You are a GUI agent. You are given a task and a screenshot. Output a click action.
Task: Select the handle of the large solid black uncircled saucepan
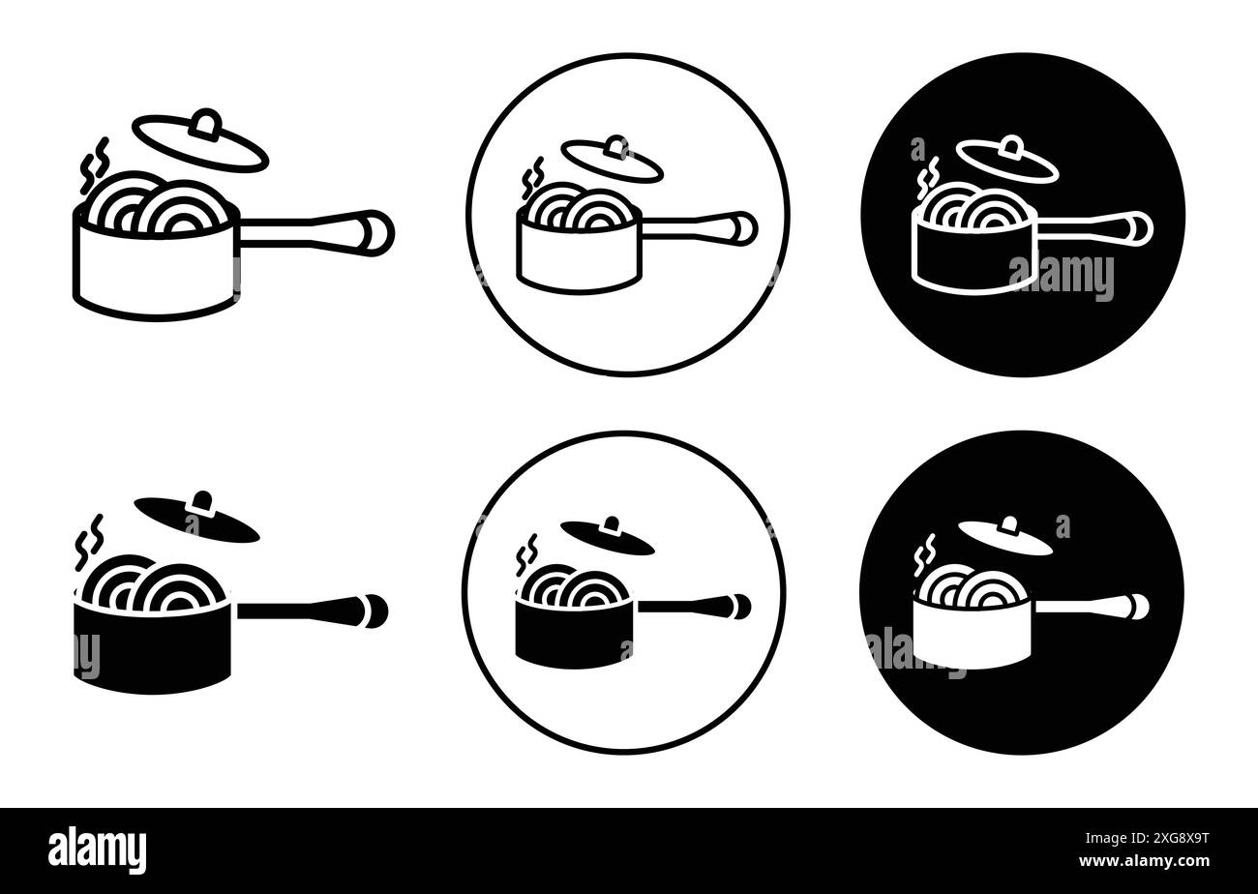pyautogui.click(x=310, y=610)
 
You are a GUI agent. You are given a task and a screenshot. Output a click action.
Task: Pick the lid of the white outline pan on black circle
pyautogui.click(x=1006, y=161)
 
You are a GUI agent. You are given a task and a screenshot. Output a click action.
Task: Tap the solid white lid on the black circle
pyautogui.click(x=1004, y=537)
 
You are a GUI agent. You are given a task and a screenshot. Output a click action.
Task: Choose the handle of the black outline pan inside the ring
pyautogui.click(x=697, y=227)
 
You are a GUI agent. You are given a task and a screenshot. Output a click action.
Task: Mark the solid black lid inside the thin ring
pyautogui.click(x=607, y=536)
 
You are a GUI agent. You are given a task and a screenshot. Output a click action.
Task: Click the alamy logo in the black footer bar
pyautogui.click(x=98, y=849)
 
